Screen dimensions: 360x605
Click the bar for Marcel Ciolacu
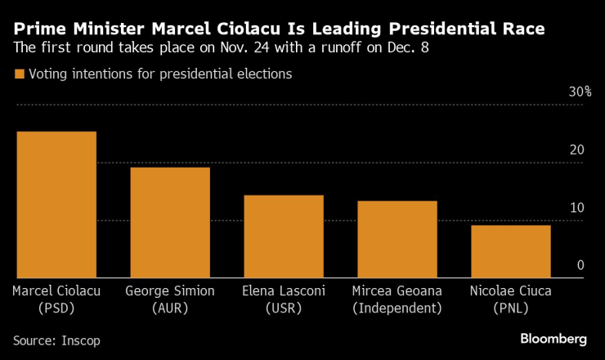(x=56, y=205)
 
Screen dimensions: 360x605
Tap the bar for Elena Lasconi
(x=284, y=236)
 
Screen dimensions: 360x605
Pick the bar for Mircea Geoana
(x=397, y=239)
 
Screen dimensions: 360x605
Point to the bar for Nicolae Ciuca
(x=510, y=251)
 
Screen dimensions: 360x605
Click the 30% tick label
(x=580, y=92)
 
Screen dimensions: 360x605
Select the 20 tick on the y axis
(x=576, y=150)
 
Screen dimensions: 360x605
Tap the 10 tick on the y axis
(x=576, y=208)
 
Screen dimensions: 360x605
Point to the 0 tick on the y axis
(x=580, y=265)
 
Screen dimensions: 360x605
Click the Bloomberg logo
(x=553, y=338)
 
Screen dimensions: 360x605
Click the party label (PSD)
(x=56, y=308)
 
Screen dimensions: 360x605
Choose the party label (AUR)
(x=170, y=308)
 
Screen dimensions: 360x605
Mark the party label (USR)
(x=284, y=308)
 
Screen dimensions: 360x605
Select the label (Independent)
(x=397, y=308)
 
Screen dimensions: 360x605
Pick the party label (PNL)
(x=510, y=308)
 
